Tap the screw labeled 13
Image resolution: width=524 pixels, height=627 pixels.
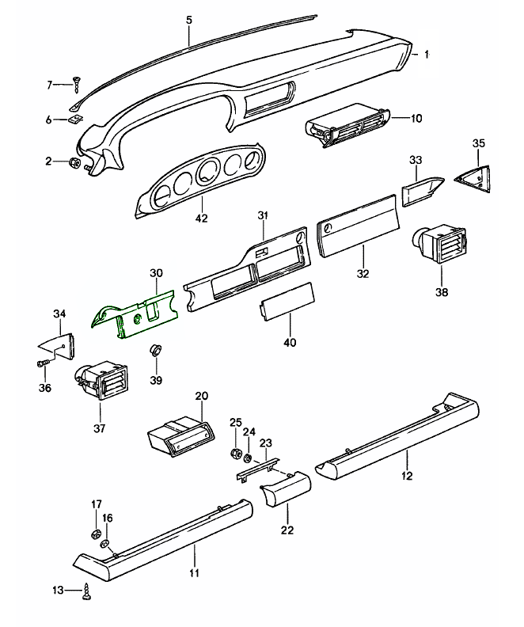click(86, 590)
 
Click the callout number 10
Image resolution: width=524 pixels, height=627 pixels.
click(416, 119)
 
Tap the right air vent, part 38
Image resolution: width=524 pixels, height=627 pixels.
click(440, 246)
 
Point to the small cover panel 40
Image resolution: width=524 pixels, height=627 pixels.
click(288, 302)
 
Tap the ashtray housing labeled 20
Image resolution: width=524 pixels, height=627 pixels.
click(180, 436)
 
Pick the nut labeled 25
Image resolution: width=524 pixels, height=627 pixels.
click(235, 454)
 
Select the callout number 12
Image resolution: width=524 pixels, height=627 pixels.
click(408, 476)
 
